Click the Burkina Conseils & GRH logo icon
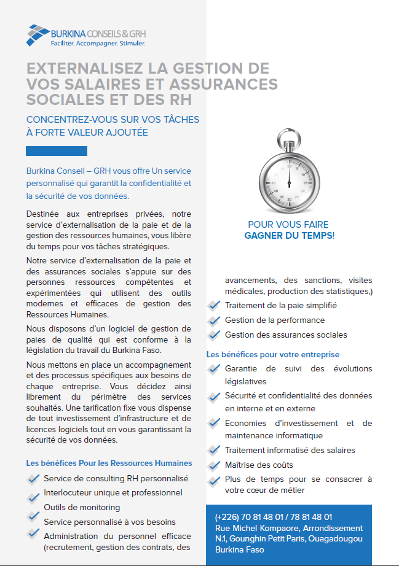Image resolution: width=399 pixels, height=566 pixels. point(38,35)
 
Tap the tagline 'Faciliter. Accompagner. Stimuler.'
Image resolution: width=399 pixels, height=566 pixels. point(98,44)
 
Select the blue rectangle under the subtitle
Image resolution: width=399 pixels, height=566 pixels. point(57,151)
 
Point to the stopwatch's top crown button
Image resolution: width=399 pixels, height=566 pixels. point(288,134)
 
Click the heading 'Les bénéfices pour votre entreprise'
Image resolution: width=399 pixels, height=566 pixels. point(272,354)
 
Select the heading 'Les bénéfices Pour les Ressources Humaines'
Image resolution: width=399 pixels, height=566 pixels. point(109,463)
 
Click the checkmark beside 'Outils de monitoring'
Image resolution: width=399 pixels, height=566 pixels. point(33,508)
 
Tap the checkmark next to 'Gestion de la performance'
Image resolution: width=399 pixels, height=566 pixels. point(214,320)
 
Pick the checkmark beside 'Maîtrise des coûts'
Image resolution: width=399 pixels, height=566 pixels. point(214,465)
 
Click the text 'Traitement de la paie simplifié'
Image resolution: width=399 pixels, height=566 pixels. point(280,305)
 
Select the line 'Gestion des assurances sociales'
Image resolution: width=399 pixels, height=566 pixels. point(286,335)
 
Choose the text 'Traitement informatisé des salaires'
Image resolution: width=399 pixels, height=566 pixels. point(290,450)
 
